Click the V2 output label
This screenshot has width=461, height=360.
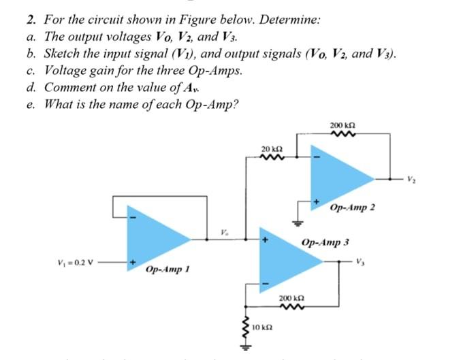pyautogui.click(x=410, y=180)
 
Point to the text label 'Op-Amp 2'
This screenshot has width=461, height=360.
pyautogui.click(x=352, y=208)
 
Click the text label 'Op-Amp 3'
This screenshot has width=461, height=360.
pyautogui.click(x=325, y=242)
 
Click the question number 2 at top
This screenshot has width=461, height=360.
pyautogui.click(x=21, y=19)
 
